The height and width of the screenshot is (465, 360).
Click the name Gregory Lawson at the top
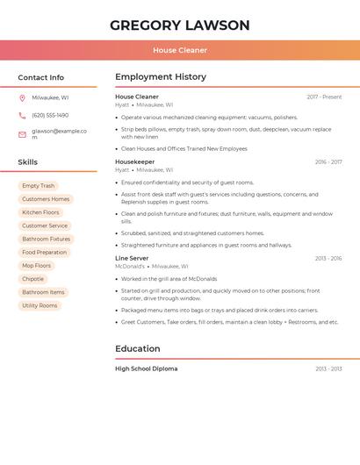point(180,25)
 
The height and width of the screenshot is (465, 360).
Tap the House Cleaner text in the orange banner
point(180,50)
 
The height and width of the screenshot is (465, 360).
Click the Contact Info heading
point(41,77)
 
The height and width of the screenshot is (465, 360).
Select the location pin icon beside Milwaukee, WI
point(22,97)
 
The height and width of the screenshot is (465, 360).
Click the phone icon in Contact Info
point(22,115)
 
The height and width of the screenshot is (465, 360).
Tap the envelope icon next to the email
point(22,134)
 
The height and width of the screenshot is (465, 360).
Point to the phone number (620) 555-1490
point(50,115)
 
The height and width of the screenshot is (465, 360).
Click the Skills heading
point(28,162)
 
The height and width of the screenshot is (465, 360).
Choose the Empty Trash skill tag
point(39,186)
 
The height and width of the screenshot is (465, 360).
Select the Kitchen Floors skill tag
point(40,212)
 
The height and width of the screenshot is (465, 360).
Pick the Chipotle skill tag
point(32,279)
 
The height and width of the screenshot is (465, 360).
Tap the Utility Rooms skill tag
point(40,305)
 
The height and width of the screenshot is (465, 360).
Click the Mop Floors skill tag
point(37,266)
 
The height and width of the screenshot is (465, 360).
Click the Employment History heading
point(161,77)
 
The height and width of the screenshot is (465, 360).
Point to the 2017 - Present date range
point(324,97)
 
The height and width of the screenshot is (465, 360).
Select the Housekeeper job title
point(134,162)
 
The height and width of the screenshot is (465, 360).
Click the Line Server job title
point(132,259)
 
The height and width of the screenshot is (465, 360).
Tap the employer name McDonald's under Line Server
point(129,266)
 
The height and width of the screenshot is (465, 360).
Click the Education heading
point(138,348)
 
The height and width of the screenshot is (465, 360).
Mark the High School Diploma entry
point(146,368)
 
